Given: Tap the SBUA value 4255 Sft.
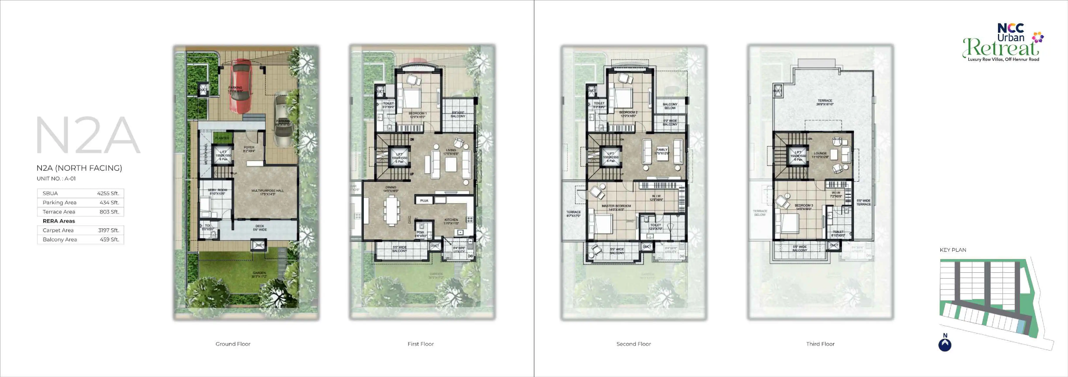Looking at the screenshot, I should tap(108, 193).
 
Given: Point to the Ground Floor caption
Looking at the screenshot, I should tap(233, 344).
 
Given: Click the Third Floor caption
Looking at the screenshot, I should tap(820, 344).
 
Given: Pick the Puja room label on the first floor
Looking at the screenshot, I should tap(424, 201).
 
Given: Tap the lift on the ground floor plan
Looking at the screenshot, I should tap(223, 155).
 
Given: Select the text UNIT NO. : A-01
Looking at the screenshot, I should tap(56, 179).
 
